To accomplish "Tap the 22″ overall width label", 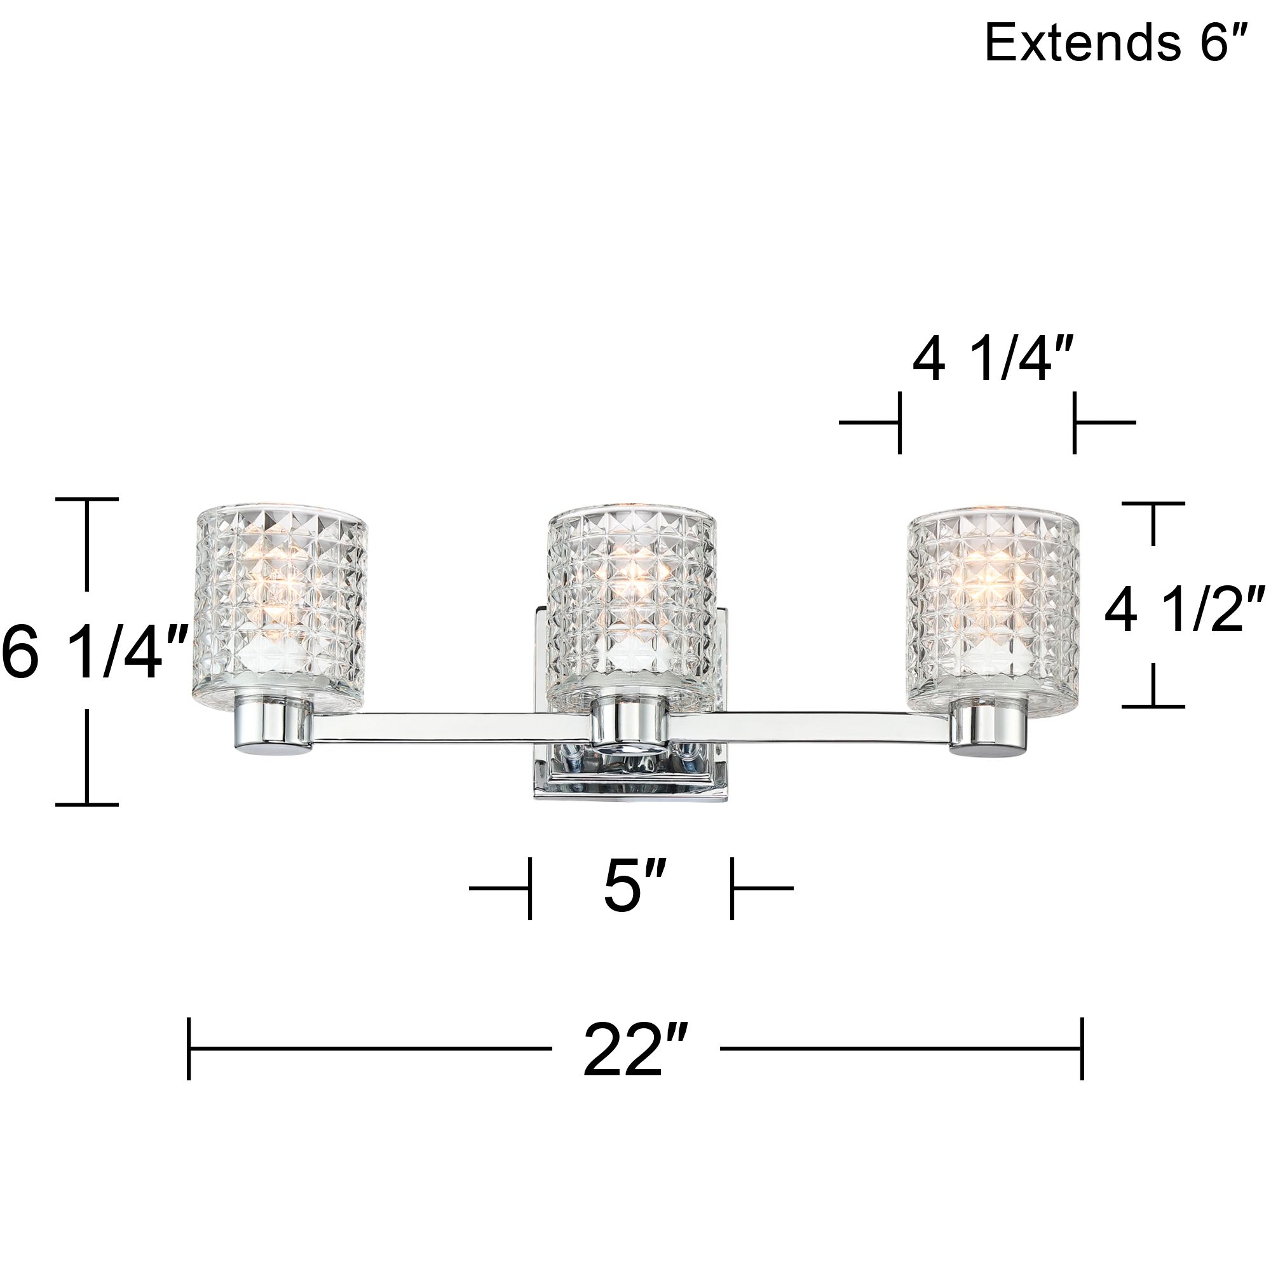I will [635, 1047].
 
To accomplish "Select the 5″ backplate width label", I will [630, 888].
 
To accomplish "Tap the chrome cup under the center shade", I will [630, 724].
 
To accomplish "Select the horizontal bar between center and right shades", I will [809, 724].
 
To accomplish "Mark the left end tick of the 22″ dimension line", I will [189, 1047].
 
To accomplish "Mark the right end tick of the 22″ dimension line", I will [1082, 1047].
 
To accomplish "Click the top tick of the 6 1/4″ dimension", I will [87, 500].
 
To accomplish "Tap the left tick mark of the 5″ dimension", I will [529, 888].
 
